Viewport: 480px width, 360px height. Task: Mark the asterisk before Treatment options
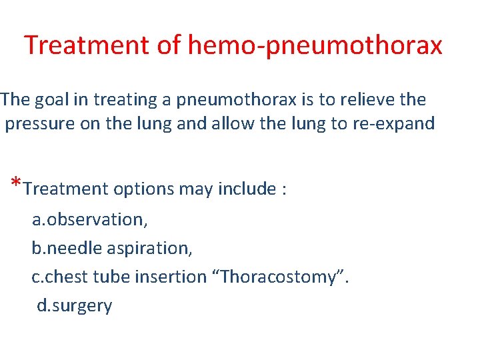[x=16, y=184]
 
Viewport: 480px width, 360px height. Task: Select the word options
[x=145, y=189]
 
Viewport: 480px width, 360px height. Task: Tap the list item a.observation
[x=90, y=219]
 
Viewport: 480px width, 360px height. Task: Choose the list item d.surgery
[x=75, y=306]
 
